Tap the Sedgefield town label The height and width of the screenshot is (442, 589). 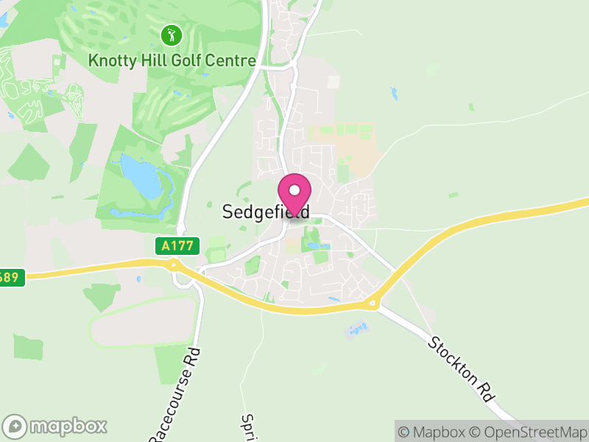coord(265,212)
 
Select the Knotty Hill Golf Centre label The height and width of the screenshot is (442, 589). coord(172,60)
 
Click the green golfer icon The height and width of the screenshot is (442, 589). coord(171,35)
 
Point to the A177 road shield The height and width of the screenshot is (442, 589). coord(177,246)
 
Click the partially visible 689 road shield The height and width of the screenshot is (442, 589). coord(12,278)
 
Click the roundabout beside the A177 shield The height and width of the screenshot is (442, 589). coord(174,265)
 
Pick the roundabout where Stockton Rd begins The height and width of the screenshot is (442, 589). coord(373,301)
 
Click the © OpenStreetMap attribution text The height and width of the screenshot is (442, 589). coord(529,432)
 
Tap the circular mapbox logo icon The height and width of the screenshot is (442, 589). coord(15,426)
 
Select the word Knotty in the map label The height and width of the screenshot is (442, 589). coord(109,60)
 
